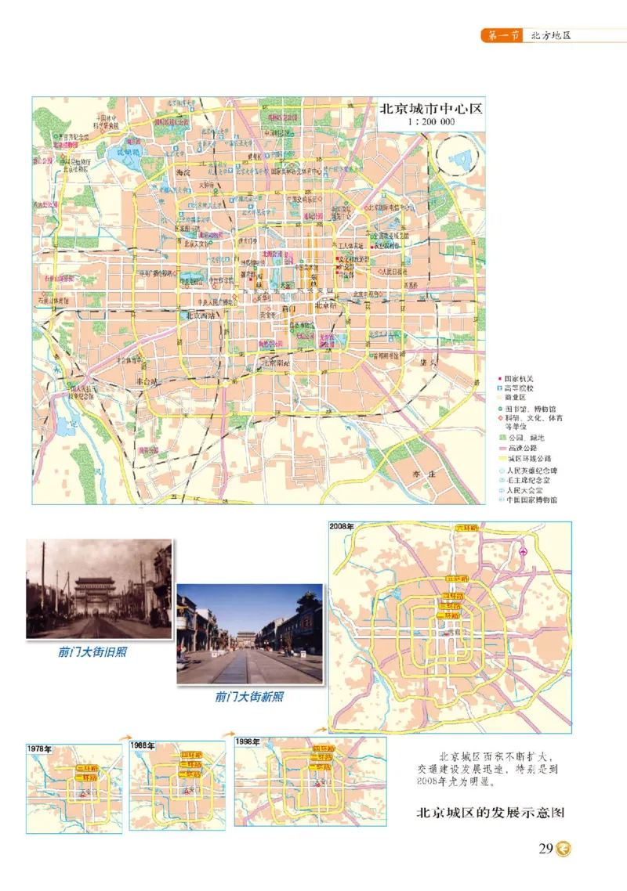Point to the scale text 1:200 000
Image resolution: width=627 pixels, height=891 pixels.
(x=431, y=124)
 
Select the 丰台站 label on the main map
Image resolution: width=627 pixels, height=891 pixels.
(x=147, y=381)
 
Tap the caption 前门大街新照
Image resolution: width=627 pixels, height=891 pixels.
(x=249, y=695)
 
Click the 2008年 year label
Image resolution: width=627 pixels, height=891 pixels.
(x=343, y=526)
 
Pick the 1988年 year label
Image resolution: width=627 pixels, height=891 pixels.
(x=143, y=745)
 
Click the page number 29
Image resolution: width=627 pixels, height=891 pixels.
(x=546, y=849)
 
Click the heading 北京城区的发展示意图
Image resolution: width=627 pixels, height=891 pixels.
(x=490, y=813)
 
